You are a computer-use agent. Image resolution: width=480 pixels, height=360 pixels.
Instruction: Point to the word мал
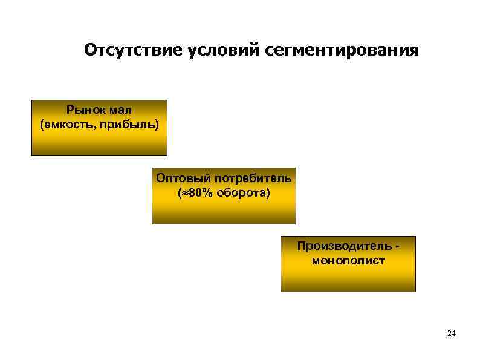coord(121,110)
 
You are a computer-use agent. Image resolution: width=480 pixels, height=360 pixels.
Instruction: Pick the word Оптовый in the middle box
coord(178,178)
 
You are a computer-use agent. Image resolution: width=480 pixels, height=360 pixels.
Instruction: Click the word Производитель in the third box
coord(343,247)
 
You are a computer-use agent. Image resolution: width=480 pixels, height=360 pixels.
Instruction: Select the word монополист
coord(348,261)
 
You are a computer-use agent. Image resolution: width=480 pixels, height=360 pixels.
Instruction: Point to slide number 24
coord(451,333)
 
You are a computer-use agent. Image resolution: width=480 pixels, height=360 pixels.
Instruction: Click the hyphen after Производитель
coord(397,247)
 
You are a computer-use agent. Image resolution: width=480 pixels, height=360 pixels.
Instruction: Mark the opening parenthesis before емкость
coord(42,124)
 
